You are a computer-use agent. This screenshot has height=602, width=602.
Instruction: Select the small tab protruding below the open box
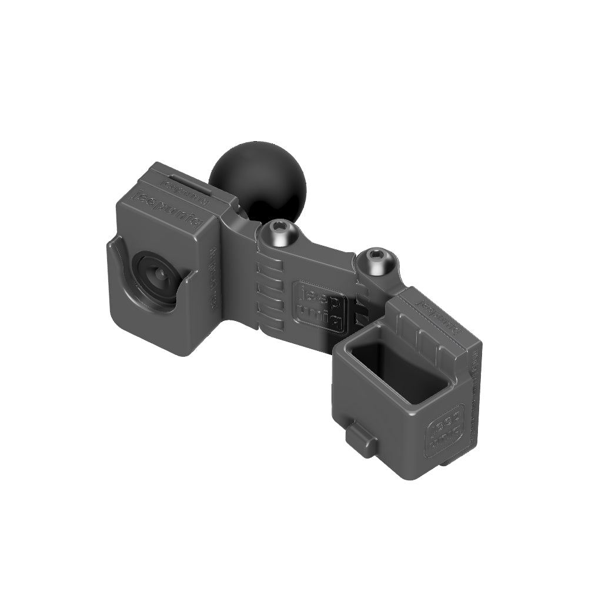pyautogui.click(x=359, y=440)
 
